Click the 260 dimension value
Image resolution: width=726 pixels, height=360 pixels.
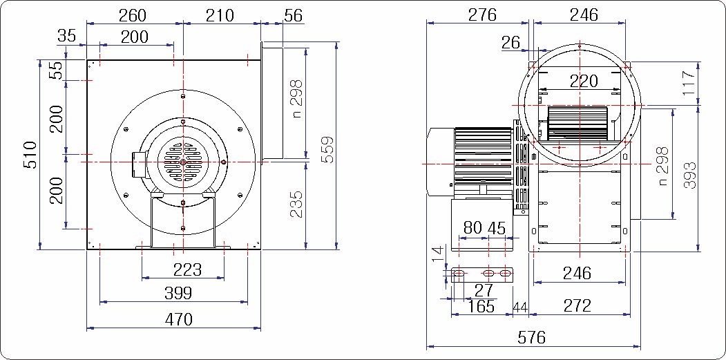click(x=133, y=15)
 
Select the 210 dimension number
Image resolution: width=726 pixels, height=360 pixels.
click(x=220, y=15)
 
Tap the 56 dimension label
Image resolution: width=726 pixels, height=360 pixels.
click(x=293, y=15)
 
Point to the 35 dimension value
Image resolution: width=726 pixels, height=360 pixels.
click(x=67, y=36)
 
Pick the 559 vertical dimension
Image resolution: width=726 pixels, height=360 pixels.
click(x=327, y=149)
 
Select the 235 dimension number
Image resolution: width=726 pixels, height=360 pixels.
click(x=296, y=205)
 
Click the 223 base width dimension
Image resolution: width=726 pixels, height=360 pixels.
click(x=187, y=269)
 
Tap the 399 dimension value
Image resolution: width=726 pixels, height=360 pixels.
click(x=178, y=292)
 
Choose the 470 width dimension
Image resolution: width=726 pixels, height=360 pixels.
click(x=178, y=319)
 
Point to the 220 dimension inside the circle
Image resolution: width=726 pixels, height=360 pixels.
click(x=584, y=82)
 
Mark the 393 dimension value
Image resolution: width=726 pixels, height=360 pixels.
click(x=690, y=175)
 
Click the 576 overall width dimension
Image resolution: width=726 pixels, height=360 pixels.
click(x=532, y=337)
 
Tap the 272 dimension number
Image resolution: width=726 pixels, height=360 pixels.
click(x=578, y=305)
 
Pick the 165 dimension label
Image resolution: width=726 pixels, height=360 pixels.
click(x=481, y=306)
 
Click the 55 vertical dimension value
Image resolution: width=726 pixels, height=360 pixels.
click(x=56, y=70)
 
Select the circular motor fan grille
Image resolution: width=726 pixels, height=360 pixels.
click(x=183, y=162)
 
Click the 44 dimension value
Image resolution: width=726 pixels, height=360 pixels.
click(x=520, y=306)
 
